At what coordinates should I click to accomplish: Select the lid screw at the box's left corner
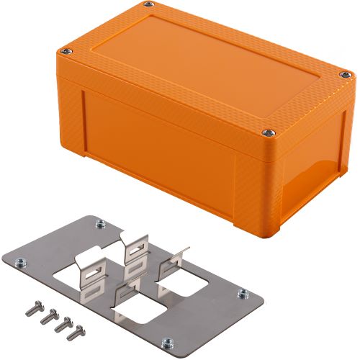[66, 50]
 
